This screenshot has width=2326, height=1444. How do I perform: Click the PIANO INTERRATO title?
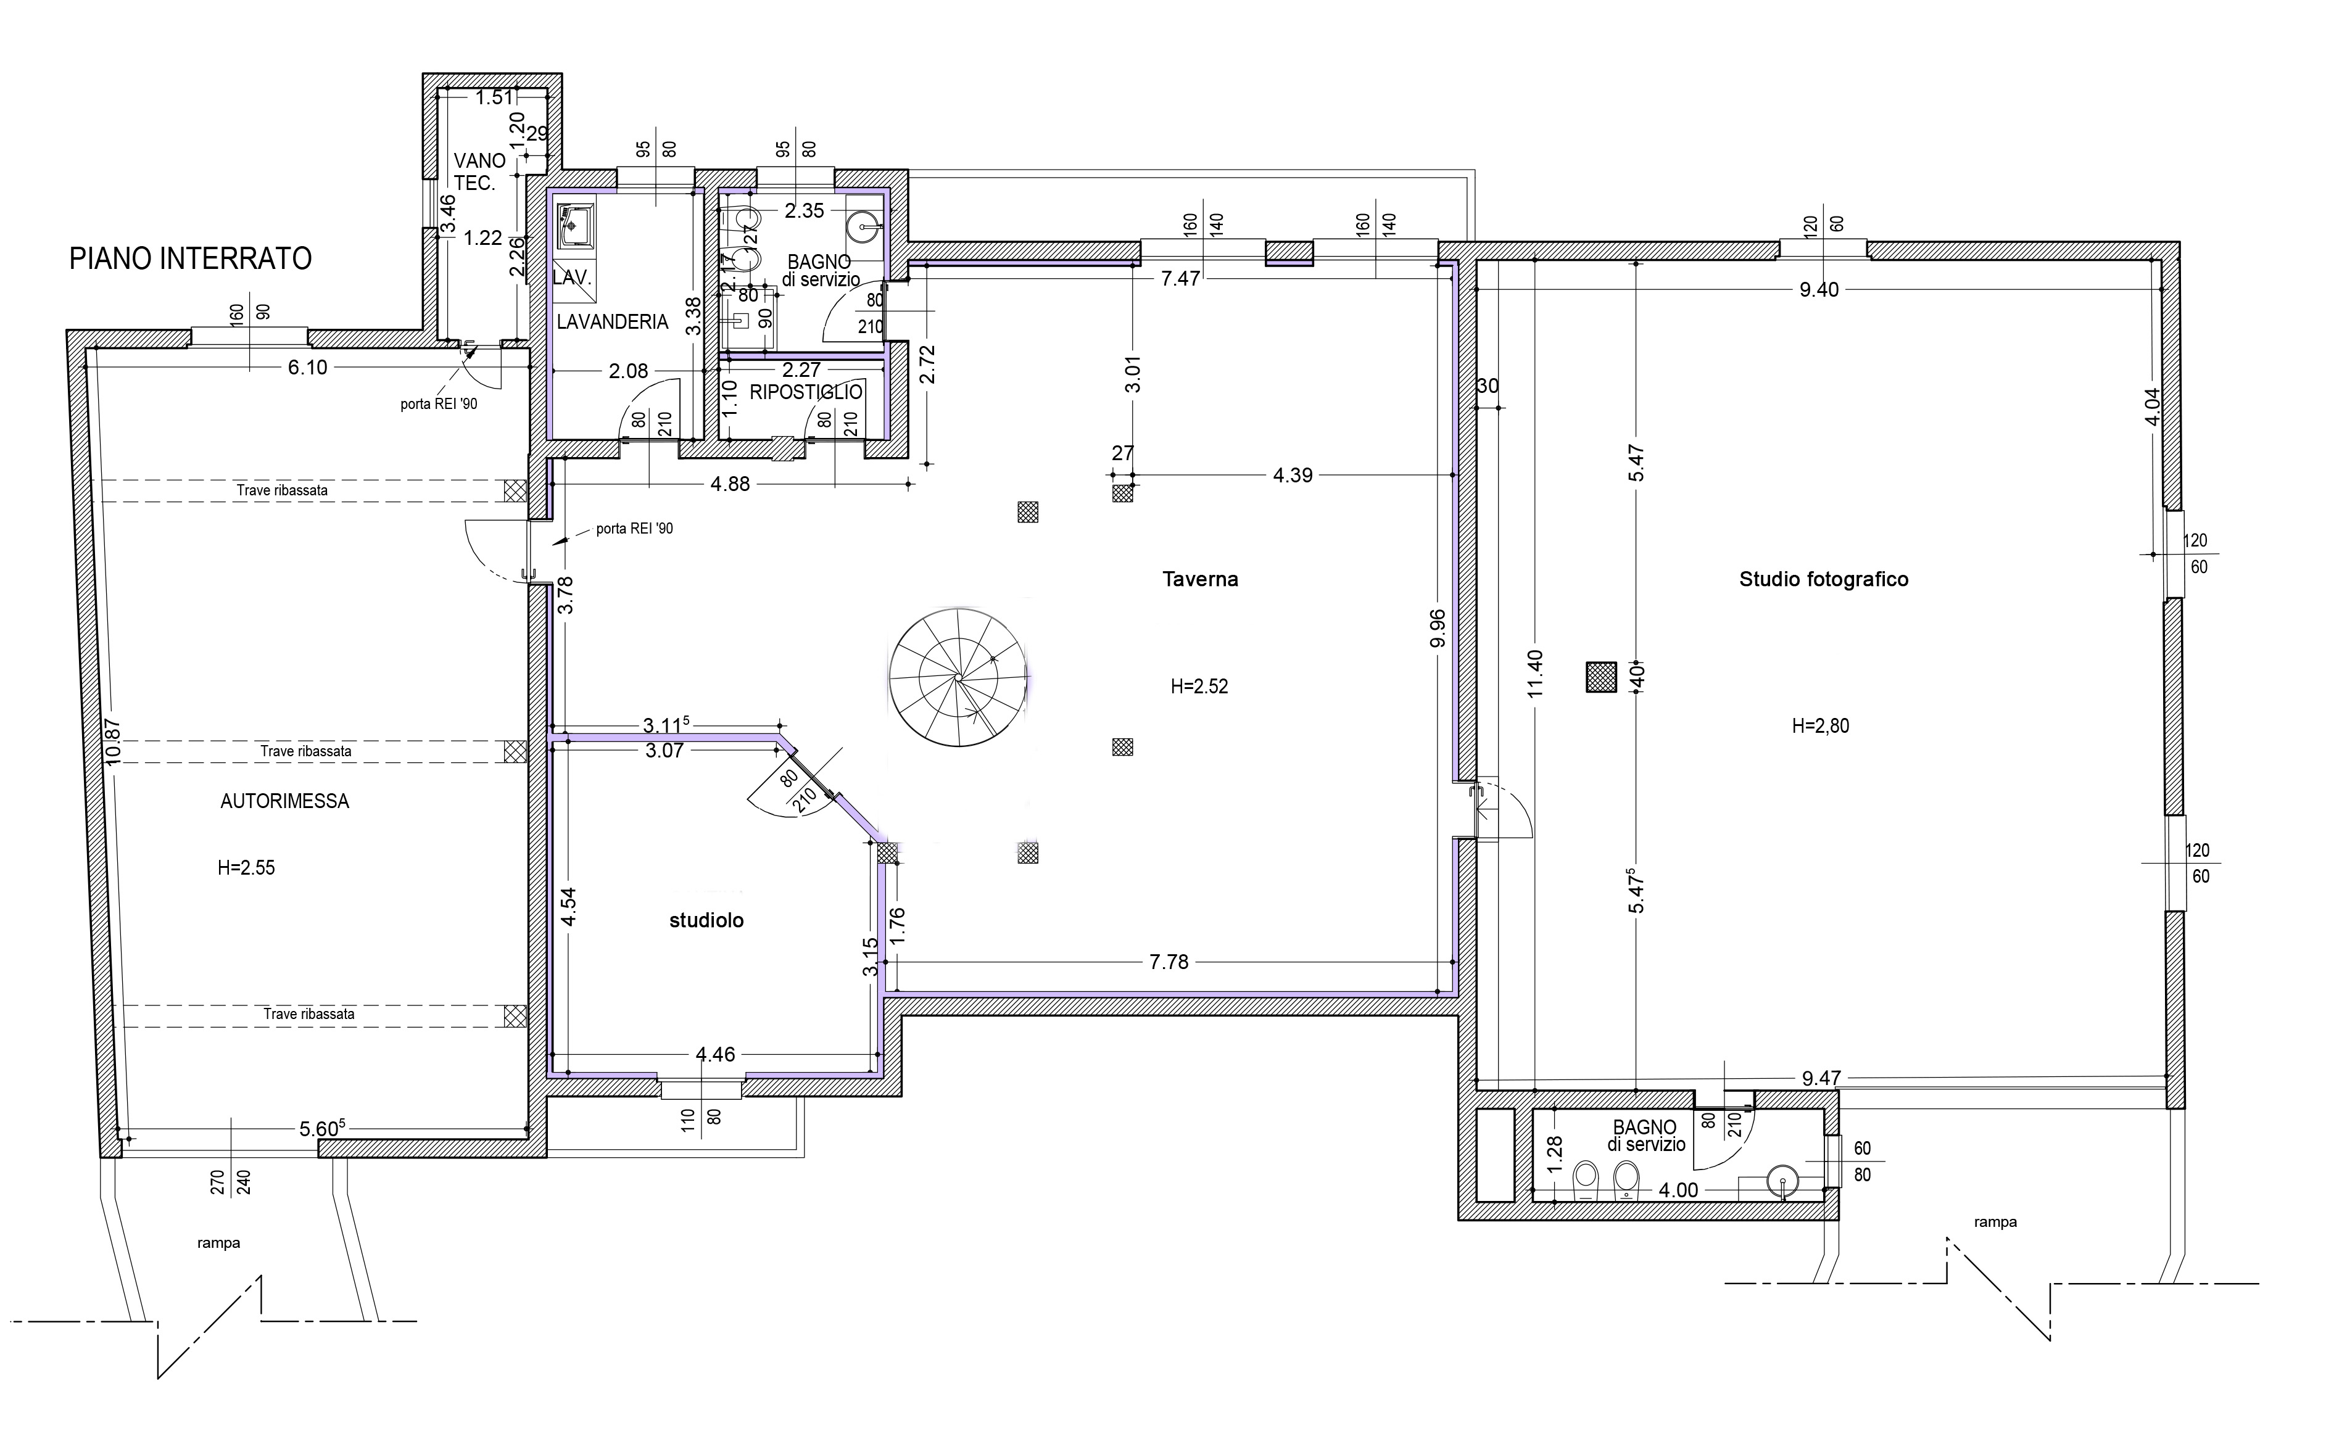190,259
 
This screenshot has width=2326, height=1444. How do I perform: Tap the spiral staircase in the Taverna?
958,677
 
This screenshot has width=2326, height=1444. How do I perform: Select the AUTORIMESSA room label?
284,801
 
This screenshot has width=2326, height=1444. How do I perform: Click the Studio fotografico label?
1824,579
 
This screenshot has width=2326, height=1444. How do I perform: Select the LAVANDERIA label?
612,322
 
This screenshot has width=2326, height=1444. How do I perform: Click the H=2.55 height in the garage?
246,868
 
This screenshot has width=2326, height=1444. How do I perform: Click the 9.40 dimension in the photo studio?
1819,289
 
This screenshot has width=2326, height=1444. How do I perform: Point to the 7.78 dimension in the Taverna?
1169,962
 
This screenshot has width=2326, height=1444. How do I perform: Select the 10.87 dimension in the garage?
114,741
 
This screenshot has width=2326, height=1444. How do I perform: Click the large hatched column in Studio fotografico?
1601,677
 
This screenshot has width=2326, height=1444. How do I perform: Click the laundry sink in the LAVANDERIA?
576,225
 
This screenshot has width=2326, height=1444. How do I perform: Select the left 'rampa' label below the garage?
219,1244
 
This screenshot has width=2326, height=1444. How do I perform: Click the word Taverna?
1200,579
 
